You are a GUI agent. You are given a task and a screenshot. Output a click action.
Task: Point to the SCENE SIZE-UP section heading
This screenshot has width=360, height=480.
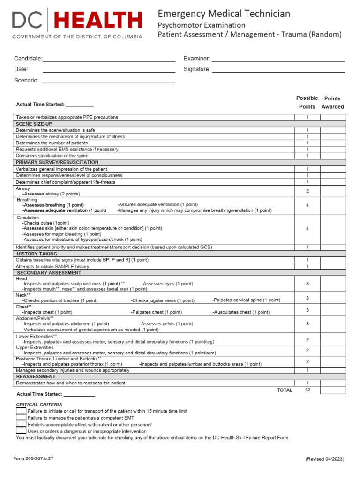click(34, 124)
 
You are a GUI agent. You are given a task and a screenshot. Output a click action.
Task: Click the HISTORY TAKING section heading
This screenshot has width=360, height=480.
click(37, 254)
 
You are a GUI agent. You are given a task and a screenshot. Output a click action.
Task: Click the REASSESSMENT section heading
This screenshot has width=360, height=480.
click(36, 376)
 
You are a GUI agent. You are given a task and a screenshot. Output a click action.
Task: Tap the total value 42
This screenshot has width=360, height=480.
click(307, 390)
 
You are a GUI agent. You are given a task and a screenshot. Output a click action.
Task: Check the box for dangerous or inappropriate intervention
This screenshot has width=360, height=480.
click(21, 431)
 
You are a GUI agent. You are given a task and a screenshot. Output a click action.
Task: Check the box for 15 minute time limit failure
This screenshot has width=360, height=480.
click(21, 411)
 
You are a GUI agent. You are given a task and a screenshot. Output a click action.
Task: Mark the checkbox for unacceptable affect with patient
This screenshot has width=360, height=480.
click(21, 424)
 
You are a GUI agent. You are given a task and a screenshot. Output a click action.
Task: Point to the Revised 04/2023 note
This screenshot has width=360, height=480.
click(324, 459)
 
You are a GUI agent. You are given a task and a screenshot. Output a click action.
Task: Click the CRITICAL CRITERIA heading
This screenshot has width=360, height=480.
click(39, 405)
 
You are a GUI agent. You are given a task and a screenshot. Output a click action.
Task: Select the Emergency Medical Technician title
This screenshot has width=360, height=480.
click(224, 14)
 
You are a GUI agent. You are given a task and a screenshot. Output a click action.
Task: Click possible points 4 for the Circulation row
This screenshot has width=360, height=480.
click(307, 229)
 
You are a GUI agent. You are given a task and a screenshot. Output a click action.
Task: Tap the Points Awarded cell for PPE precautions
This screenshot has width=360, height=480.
click(333, 117)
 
